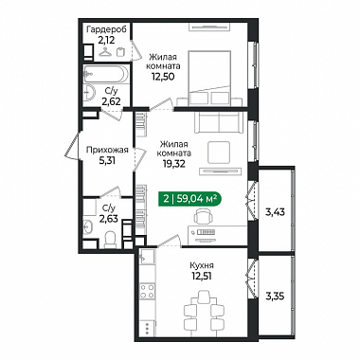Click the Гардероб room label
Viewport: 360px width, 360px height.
106,30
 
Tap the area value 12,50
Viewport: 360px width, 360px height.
163,77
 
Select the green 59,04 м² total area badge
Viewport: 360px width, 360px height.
189,199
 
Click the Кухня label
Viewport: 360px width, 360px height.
202,265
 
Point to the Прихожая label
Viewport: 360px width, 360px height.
107,150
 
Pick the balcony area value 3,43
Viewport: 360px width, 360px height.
275,212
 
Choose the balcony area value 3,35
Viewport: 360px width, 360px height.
275,297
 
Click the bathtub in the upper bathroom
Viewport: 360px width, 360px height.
106,74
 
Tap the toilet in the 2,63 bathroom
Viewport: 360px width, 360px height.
110,239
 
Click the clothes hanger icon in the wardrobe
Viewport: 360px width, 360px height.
105,51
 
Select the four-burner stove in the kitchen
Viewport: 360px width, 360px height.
148,291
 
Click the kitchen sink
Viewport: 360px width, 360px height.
147,257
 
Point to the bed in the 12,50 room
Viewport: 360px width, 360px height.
209,78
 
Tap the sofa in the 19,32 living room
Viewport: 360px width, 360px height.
219,122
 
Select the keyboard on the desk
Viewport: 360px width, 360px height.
206,233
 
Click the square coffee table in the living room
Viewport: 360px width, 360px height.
219,153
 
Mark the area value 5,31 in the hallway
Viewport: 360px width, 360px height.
107,161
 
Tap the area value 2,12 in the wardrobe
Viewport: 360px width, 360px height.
106,40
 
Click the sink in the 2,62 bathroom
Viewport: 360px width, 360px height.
89,93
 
